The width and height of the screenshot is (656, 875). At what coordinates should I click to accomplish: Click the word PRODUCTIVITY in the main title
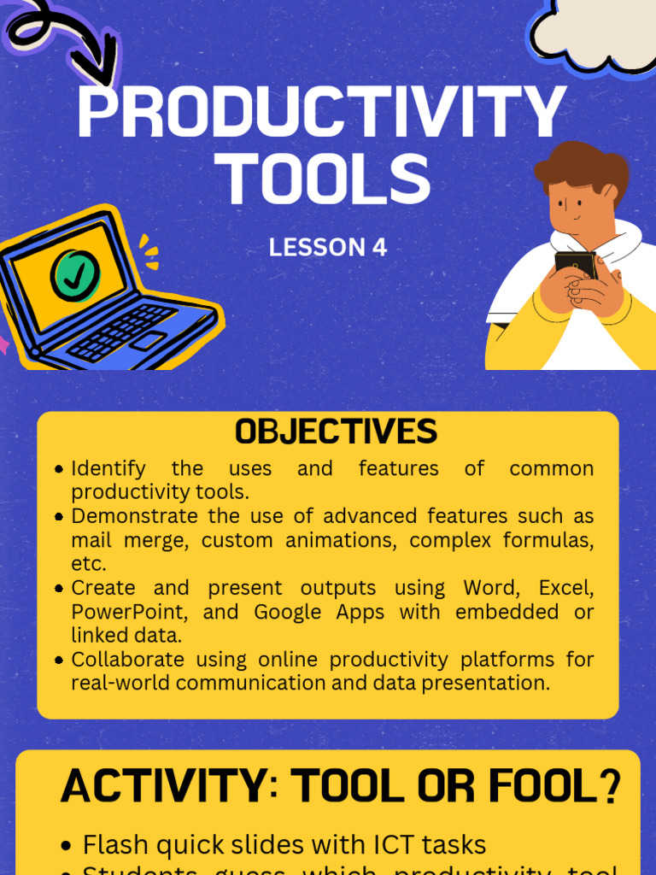point(320,113)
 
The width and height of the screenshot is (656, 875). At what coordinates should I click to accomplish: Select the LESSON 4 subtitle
point(328,248)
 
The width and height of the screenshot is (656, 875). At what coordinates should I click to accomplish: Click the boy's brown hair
point(581,167)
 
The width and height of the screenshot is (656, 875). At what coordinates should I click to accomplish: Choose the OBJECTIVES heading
point(336,432)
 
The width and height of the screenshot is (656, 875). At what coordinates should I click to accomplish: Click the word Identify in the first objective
point(108,469)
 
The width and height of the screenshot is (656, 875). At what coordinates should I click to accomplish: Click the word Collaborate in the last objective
point(127,660)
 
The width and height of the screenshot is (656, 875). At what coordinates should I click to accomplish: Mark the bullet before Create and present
point(59,589)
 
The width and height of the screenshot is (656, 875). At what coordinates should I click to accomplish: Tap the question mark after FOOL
point(610,787)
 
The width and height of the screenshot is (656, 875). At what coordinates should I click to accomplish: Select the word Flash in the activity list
point(111,845)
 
